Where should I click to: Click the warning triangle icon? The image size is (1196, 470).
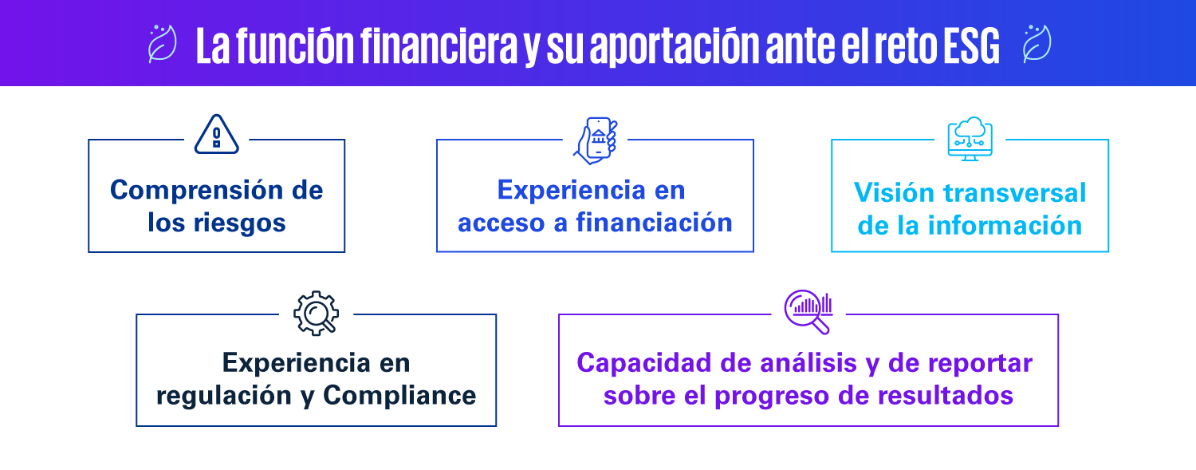click(216, 135)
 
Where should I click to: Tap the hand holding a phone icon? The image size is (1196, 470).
click(596, 140)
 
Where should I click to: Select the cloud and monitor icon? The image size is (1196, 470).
click(970, 139)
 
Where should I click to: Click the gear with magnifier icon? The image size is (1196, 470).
click(316, 313)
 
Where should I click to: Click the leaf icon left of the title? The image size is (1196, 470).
click(162, 44)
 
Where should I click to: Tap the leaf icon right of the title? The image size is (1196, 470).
click(1037, 44)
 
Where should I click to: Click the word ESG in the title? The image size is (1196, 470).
click(971, 46)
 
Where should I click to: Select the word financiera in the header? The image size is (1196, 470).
click(439, 45)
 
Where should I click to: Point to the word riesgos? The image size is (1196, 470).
click(240, 223)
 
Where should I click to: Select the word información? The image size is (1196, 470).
click(1005, 225)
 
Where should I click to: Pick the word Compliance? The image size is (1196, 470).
click(399, 396)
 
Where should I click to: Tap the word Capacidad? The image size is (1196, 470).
click(644, 363)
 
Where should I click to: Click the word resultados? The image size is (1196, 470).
click(945, 396)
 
